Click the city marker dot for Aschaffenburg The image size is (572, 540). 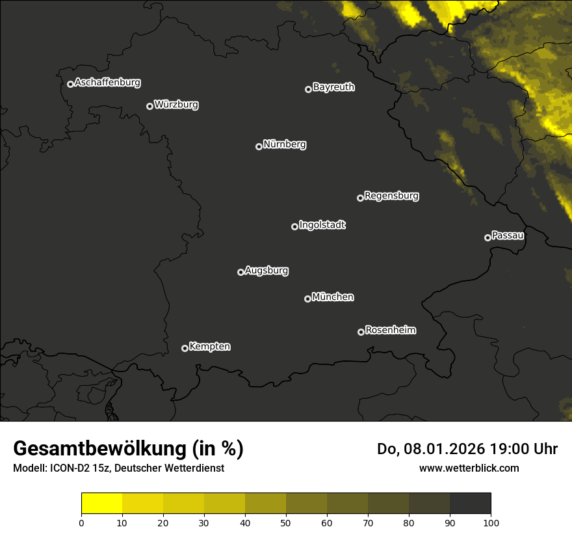point(70,84)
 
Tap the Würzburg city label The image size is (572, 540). point(176,105)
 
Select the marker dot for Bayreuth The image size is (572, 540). point(308,89)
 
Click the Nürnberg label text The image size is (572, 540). point(285,144)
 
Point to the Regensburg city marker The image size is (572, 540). point(360,198)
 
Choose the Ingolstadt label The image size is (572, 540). point(322,225)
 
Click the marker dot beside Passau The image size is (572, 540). point(487,237)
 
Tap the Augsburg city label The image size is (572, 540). point(266,271)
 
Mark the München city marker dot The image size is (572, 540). point(307,299)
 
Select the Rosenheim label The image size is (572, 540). point(391,331)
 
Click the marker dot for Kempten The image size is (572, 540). point(185,348)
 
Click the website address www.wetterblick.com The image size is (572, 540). point(469,468)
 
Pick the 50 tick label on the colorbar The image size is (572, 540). point(286,522)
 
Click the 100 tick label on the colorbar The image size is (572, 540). point(491,522)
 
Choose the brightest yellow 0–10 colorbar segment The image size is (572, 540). point(101,504)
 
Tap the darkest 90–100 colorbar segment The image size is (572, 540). point(470,504)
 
